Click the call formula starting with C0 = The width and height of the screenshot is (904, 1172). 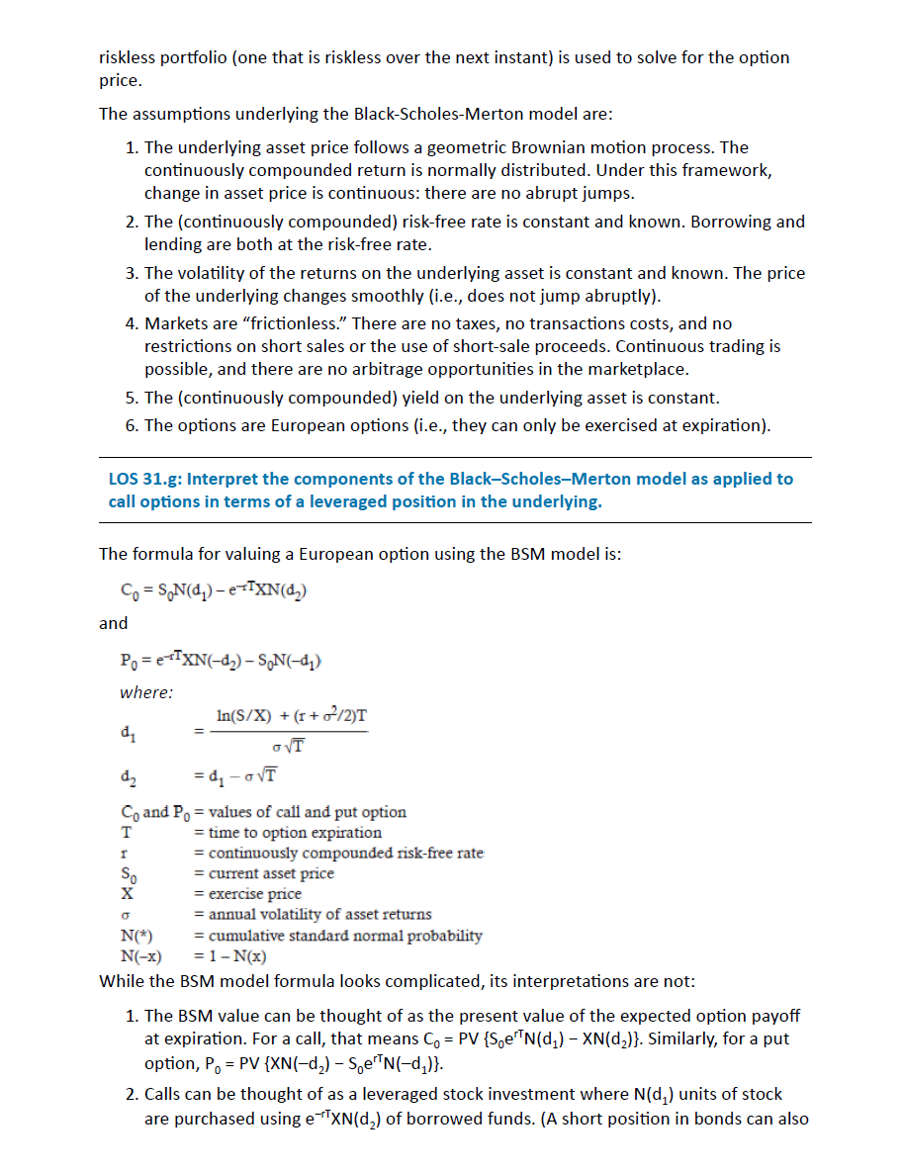(x=214, y=592)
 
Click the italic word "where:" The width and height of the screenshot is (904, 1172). (x=146, y=692)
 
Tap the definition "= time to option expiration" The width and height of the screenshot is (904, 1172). (x=287, y=833)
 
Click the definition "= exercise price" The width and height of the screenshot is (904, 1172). (x=247, y=894)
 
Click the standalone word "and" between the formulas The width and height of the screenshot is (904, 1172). (x=114, y=623)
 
